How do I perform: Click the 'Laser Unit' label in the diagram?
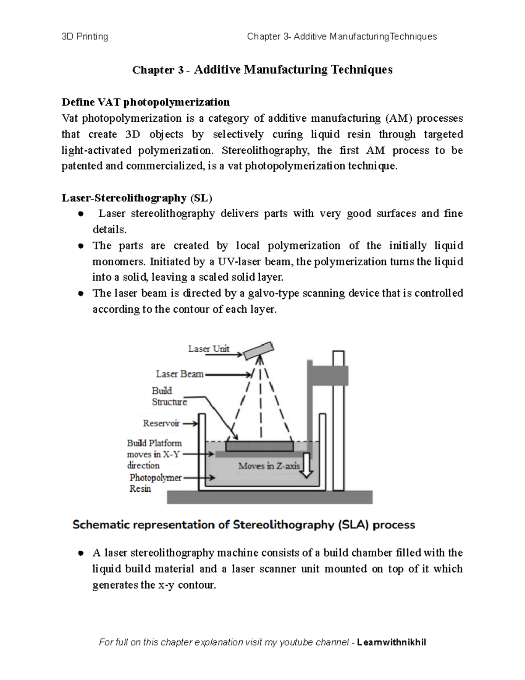point(208,349)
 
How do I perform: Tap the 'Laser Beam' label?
point(179,374)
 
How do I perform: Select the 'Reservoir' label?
point(161,423)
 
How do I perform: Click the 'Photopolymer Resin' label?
point(155,483)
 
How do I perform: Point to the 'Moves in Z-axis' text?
point(269,466)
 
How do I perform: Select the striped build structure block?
point(259,446)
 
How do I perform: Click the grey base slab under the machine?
point(269,497)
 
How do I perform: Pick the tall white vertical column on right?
point(338,420)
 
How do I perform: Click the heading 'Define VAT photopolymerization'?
point(145,102)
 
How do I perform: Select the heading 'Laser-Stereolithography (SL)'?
point(136,198)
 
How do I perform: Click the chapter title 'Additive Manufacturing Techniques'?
point(293,70)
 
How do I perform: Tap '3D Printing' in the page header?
point(85,36)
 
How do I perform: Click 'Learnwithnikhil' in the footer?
point(392,642)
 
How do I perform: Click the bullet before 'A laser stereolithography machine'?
point(80,553)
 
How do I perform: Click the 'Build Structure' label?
point(169,396)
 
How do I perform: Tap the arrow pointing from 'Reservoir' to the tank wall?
point(190,424)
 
